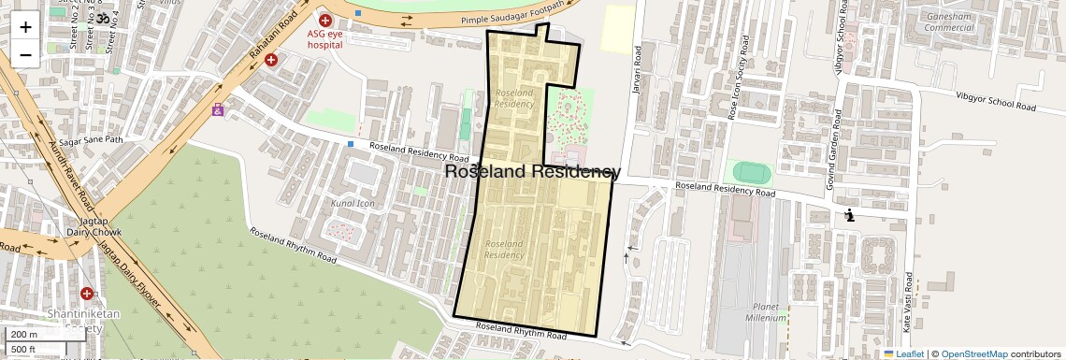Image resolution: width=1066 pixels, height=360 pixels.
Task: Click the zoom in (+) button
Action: (x=25, y=26)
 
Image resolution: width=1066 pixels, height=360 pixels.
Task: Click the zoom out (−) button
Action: (x=25, y=54)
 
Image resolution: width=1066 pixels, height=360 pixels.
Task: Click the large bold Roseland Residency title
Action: (x=531, y=171)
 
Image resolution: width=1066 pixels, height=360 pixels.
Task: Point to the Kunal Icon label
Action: (x=353, y=203)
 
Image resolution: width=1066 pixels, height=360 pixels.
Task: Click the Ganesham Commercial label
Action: (x=949, y=22)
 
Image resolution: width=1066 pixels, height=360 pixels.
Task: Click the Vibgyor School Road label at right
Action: (x=995, y=101)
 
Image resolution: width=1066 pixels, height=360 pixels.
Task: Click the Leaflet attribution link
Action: (x=903, y=353)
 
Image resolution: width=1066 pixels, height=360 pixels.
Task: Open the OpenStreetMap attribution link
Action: (x=973, y=353)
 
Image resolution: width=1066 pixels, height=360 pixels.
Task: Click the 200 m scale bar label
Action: (x=25, y=334)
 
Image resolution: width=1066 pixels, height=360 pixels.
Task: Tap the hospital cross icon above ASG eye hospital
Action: (x=325, y=20)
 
